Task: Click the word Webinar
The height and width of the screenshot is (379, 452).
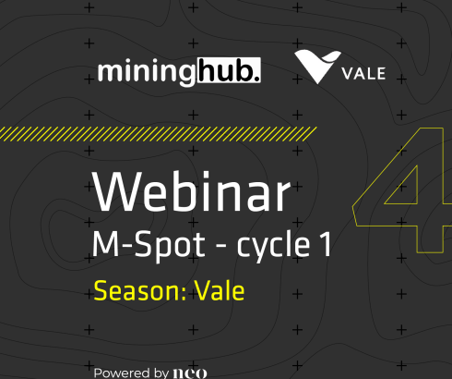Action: coord(191,192)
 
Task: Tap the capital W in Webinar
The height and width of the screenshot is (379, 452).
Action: coord(116,192)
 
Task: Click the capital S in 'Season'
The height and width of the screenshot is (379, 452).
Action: coord(101,292)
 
